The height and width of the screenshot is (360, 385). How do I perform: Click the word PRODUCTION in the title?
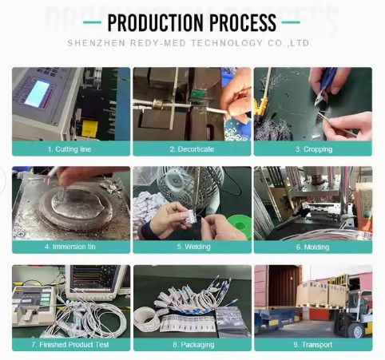[156, 22]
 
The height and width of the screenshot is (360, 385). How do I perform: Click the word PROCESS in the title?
[243, 22]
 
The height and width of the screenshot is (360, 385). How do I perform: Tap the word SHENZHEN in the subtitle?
[97, 43]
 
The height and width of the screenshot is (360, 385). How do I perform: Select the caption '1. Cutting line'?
[69, 149]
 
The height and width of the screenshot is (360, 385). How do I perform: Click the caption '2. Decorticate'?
[192, 149]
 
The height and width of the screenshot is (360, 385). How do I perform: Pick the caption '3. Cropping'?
[314, 149]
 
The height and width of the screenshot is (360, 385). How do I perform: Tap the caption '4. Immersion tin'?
[70, 247]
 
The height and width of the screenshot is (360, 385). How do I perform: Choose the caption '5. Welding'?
[194, 247]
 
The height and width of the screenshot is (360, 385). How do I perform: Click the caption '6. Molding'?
[312, 247]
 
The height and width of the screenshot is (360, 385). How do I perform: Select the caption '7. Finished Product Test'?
[70, 345]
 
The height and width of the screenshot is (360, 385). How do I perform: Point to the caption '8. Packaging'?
[193, 345]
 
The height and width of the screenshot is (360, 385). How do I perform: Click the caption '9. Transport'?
[313, 345]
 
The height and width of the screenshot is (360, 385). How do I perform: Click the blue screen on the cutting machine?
[38, 93]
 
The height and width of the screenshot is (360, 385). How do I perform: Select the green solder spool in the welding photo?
[240, 225]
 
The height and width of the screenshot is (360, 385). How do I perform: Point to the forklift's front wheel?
[358, 330]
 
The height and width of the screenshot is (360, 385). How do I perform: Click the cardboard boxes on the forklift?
[322, 293]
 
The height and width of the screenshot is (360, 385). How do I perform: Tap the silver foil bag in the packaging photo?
[232, 321]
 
